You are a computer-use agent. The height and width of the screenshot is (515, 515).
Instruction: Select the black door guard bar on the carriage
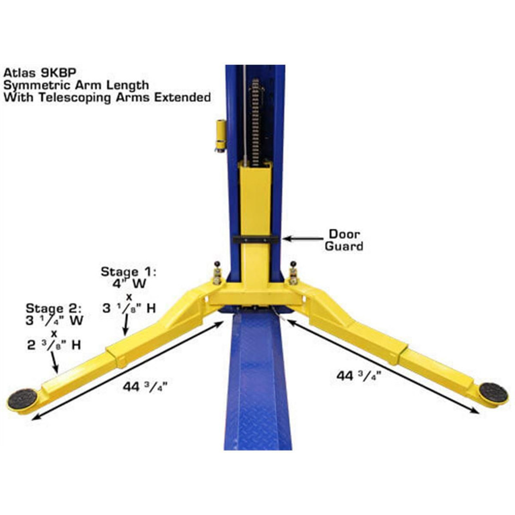(255, 239)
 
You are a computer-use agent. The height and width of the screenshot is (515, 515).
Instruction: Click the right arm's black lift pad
(493, 392)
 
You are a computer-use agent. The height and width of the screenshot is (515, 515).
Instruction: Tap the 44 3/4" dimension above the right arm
(355, 376)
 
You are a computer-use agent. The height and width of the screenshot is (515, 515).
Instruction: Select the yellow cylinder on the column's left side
(220, 134)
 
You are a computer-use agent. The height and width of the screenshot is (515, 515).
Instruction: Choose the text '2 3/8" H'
(54, 345)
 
